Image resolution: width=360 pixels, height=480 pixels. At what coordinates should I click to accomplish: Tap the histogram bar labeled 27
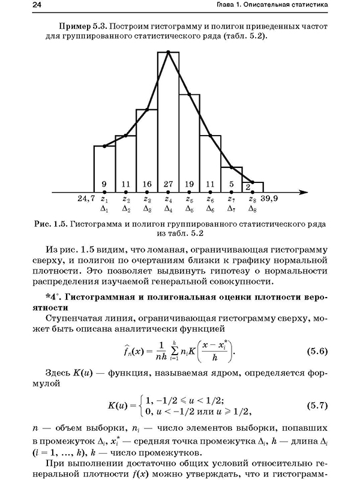click(169, 120)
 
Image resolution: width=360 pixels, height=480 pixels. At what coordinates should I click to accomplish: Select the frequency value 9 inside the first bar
click(104, 184)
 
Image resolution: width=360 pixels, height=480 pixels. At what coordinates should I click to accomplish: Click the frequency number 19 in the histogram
click(189, 184)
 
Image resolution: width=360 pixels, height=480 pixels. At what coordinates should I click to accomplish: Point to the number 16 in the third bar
click(147, 184)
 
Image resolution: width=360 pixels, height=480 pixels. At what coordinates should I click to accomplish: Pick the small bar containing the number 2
click(251, 187)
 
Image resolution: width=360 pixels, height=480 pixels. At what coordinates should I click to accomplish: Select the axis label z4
click(169, 199)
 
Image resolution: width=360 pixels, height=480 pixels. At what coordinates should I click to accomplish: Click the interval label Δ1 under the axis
click(104, 209)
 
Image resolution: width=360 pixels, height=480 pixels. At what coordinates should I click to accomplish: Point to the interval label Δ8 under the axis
click(253, 209)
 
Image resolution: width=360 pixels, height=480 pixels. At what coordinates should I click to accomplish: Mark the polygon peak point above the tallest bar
click(169, 52)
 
